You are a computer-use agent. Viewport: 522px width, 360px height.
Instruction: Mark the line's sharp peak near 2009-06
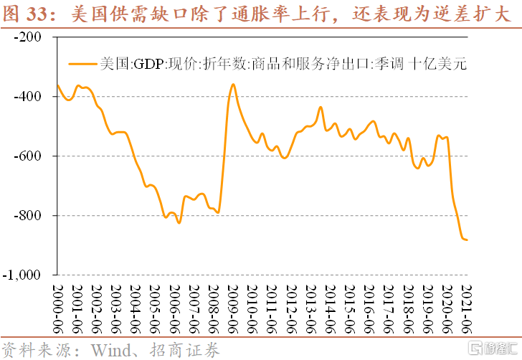point(233,84)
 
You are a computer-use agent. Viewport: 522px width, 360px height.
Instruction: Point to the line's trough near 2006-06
point(179,223)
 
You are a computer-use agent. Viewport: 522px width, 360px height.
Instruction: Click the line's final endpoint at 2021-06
point(468,240)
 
